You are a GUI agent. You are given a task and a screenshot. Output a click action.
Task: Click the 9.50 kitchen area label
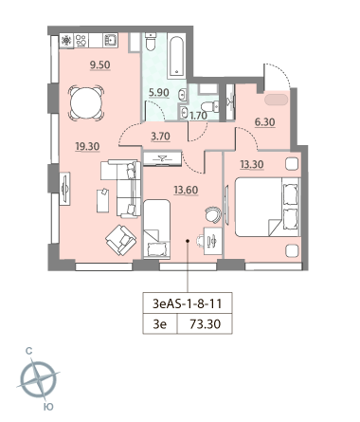99,65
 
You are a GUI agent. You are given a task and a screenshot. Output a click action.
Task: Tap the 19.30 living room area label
87,147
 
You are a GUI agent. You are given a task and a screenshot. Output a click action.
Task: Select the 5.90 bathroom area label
159,93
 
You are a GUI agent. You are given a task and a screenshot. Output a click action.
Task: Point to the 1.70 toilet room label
198,116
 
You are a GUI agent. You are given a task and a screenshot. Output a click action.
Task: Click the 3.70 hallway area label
160,137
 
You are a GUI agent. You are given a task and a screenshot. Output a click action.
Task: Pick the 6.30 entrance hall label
265,122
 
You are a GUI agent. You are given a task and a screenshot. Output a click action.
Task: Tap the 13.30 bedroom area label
252,165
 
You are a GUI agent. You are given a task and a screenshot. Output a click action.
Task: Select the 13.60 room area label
186,190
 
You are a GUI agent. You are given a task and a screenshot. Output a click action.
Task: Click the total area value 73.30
206,324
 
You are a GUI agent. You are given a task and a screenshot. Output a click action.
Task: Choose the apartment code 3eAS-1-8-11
188,303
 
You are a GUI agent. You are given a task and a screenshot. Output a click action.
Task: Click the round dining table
86,103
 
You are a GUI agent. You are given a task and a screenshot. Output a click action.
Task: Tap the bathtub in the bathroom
177,56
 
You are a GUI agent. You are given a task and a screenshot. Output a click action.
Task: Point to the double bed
267,207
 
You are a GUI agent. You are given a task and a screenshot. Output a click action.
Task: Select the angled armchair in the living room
121,240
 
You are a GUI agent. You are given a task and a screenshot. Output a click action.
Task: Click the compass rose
39,379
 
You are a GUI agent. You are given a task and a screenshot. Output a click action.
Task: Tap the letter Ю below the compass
48,407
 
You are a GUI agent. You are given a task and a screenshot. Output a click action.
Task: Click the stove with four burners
81,41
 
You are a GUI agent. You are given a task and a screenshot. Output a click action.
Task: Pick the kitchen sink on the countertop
111,41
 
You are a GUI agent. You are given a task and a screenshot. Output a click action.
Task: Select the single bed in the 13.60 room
157,229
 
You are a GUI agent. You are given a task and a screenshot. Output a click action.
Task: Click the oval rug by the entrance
277,100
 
